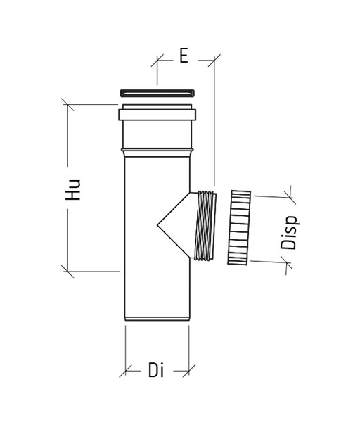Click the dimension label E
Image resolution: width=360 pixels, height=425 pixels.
[x=184, y=56]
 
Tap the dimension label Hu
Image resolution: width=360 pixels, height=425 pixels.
[x=73, y=189]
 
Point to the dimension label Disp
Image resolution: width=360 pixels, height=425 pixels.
[x=290, y=232]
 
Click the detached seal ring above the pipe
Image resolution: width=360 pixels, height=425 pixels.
[x=157, y=93]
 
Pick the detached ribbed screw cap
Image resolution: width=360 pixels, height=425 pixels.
[x=239, y=228]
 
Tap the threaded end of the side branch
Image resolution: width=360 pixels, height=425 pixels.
[x=205, y=226]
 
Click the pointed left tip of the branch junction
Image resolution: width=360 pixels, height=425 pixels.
[x=157, y=225]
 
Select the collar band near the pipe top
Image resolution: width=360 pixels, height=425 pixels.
[x=157, y=115]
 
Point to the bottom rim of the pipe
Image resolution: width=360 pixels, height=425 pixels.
[x=157, y=319]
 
